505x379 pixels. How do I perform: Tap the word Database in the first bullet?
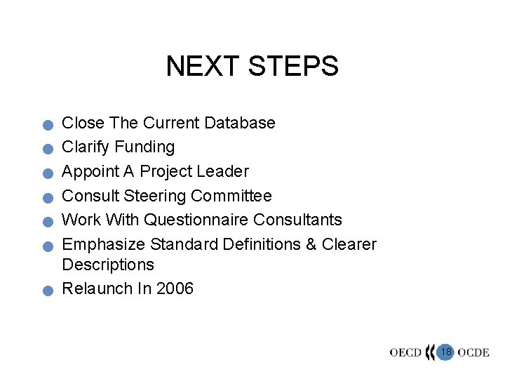[x=240, y=123]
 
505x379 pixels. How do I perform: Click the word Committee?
[x=231, y=195]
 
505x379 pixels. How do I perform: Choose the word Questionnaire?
[x=196, y=220]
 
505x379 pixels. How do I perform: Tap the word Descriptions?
[x=107, y=265]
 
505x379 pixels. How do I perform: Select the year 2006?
[x=175, y=288]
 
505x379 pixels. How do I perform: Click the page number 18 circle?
[x=445, y=352]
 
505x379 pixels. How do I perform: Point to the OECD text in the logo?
[x=406, y=352]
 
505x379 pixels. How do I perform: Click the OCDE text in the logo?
[x=473, y=352]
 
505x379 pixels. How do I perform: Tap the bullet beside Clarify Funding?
[x=46, y=149]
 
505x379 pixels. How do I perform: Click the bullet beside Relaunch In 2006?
[x=46, y=291]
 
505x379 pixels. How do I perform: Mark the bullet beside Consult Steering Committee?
[x=46, y=198]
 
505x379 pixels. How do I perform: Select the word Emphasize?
[x=103, y=244]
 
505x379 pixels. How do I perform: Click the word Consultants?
[x=297, y=220]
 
